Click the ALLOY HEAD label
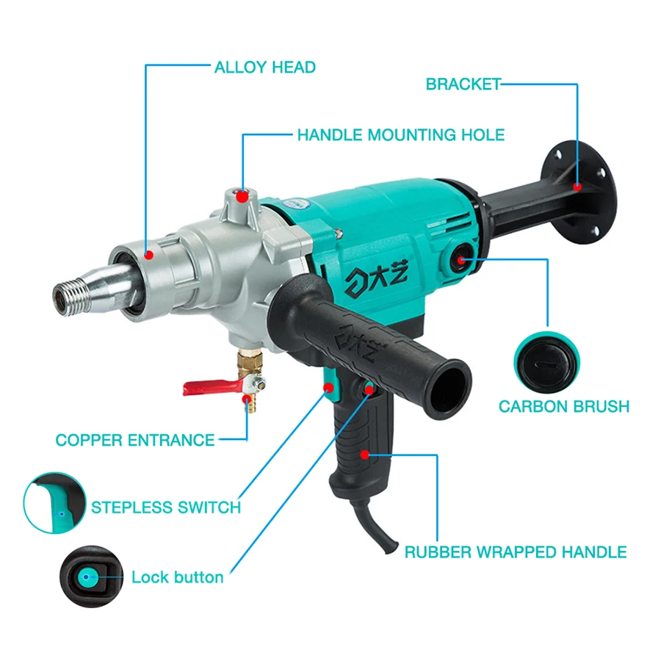(264, 68)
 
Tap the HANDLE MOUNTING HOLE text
(400, 135)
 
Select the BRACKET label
(463, 84)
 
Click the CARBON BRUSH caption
(564, 406)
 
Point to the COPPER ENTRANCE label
(135, 441)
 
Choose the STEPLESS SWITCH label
(166, 507)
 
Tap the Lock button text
(177, 577)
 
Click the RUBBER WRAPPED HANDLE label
(516, 552)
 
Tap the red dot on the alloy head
(148, 255)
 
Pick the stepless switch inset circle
(53, 503)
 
